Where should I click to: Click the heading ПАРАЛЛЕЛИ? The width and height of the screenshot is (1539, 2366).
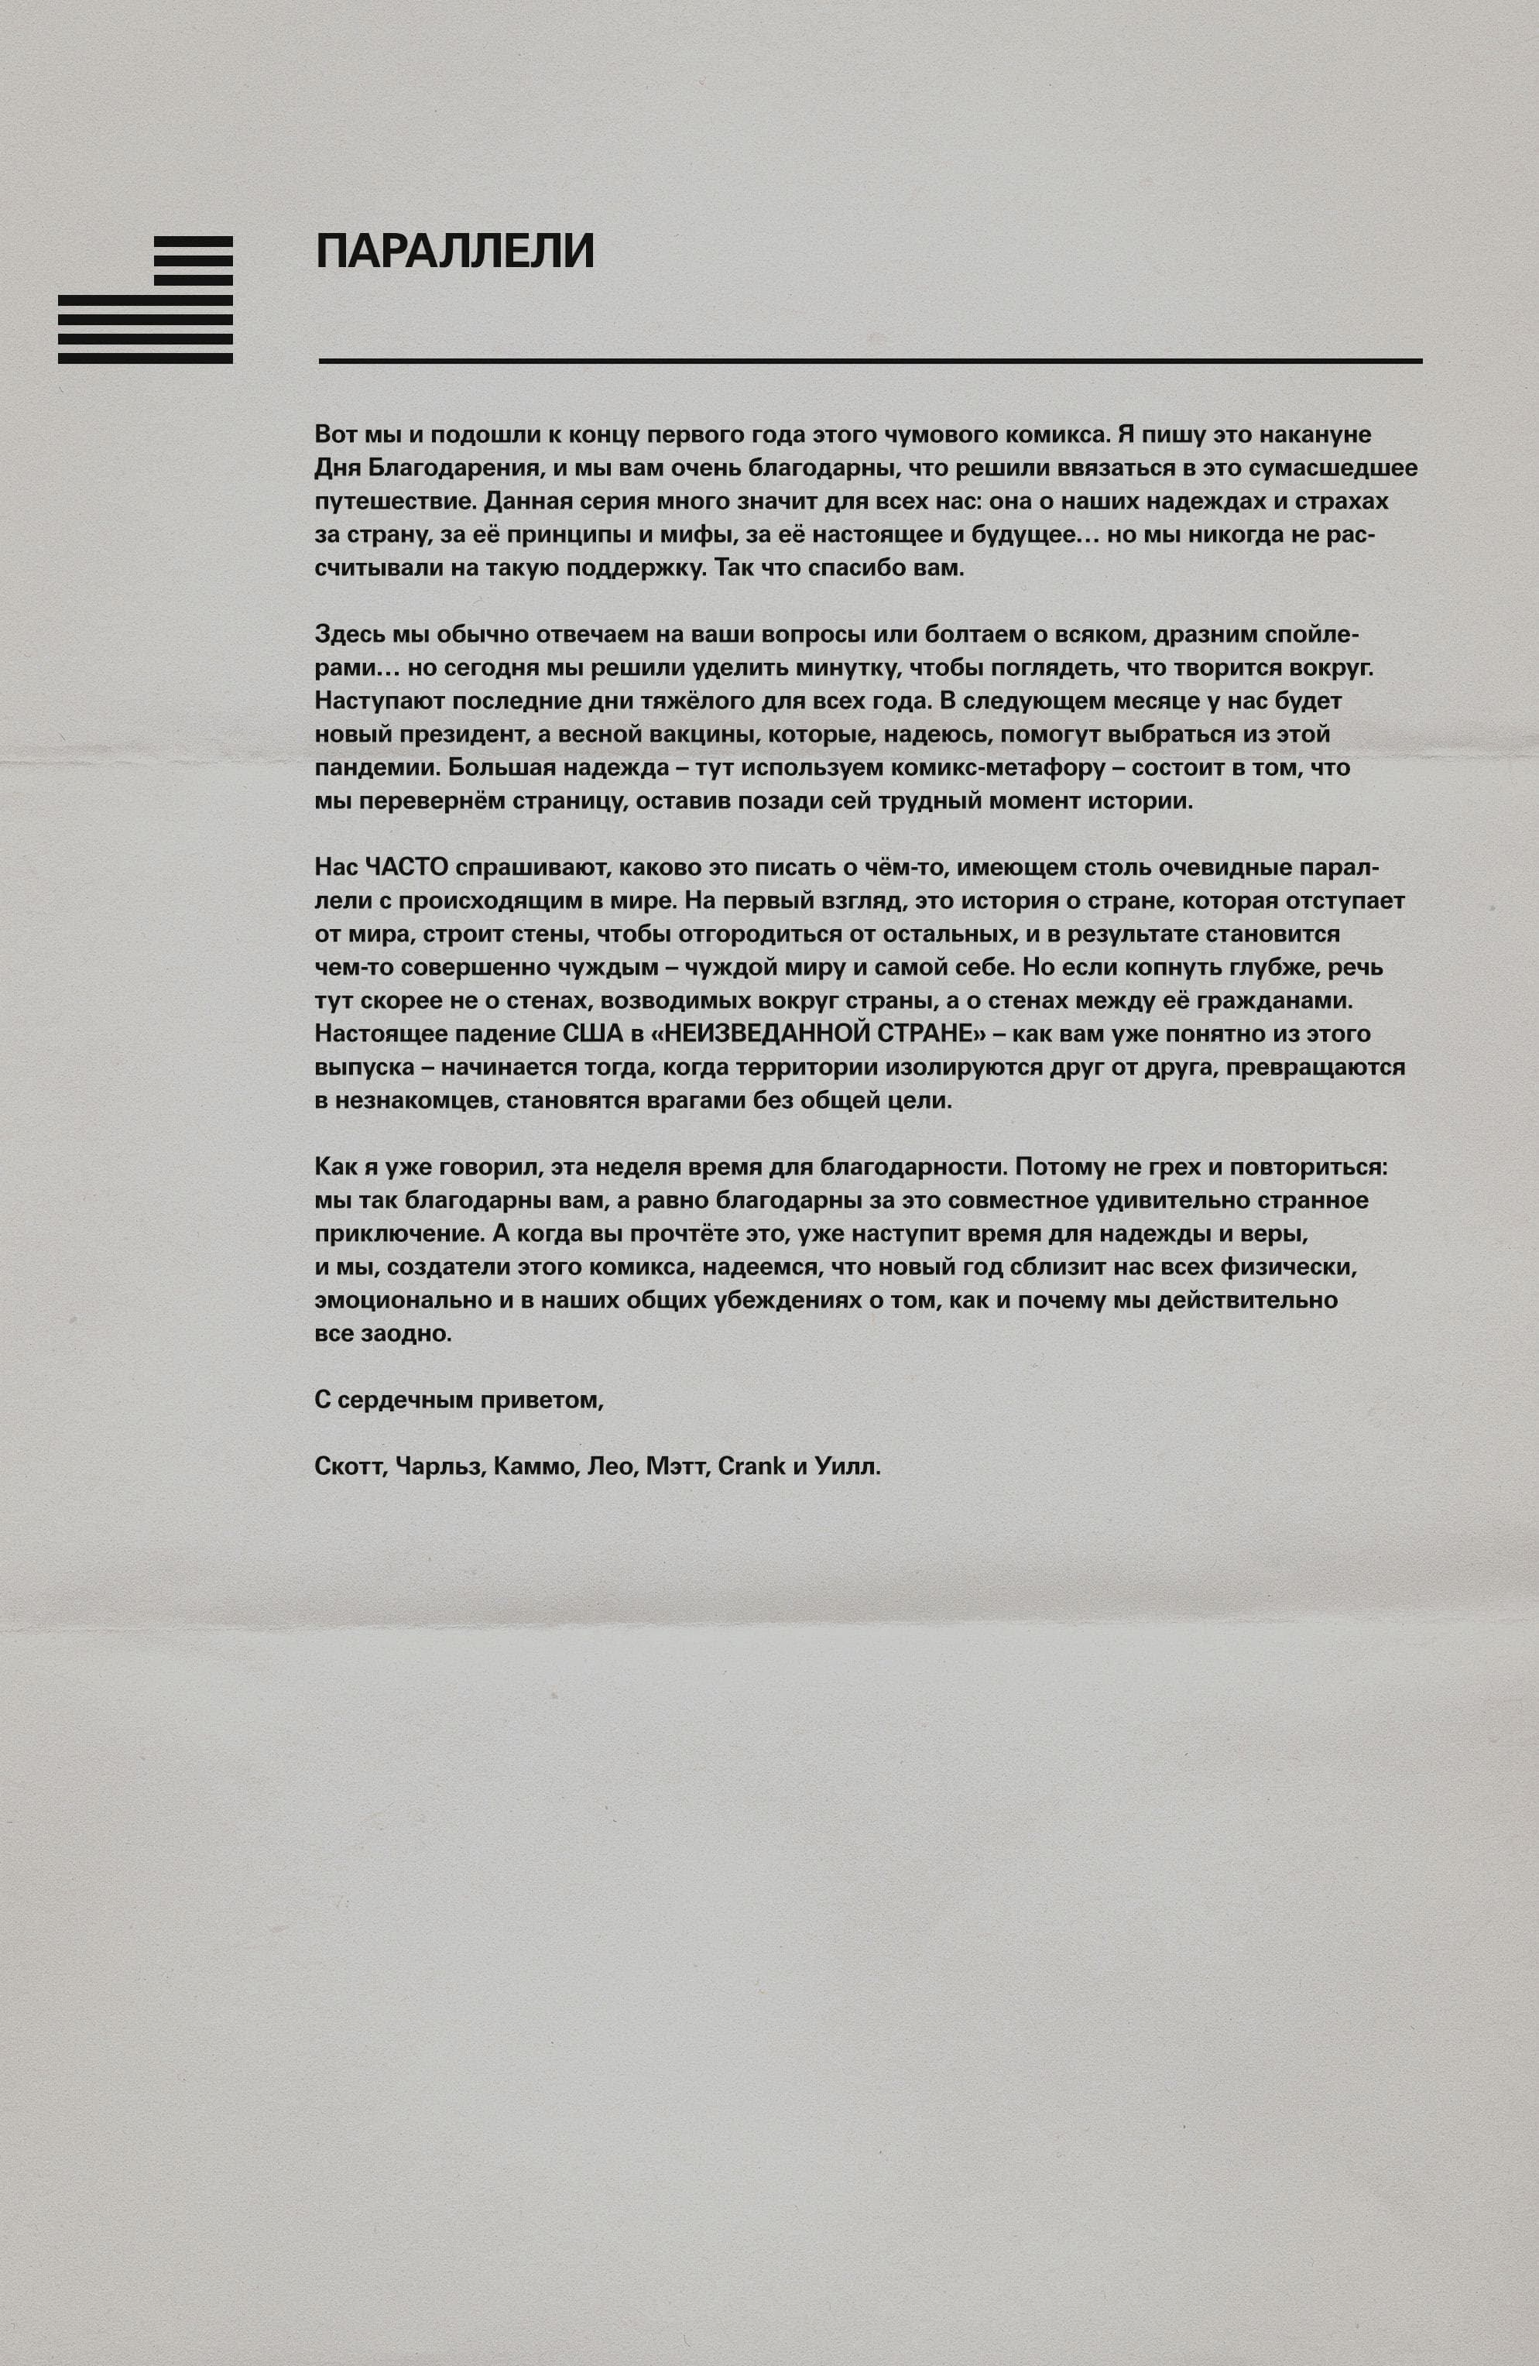click(454, 251)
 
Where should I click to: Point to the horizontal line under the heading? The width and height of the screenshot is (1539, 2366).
click(870, 360)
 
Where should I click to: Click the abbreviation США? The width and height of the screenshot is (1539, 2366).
click(591, 1034)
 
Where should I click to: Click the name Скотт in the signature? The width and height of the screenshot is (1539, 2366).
click(348, 1466)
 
